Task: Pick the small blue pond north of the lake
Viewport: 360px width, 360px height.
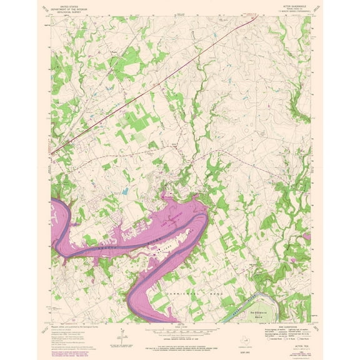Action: click(x=125, y=191)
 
